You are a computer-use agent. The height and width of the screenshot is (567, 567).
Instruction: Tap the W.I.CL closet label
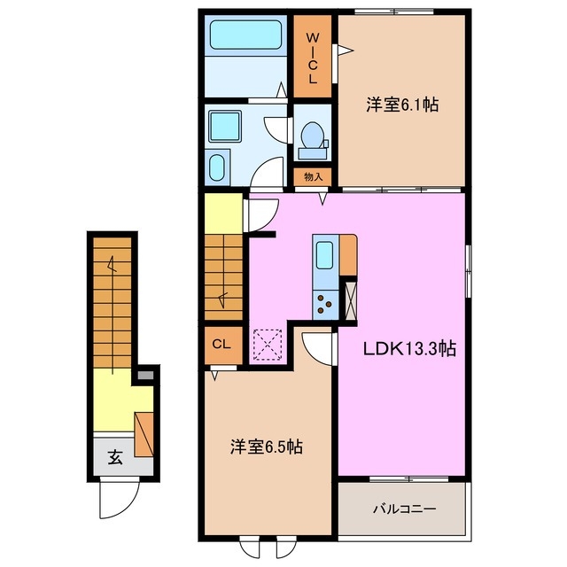click(x=313, y=58)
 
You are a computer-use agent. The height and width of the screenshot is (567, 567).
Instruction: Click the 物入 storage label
click(x=313, y=177)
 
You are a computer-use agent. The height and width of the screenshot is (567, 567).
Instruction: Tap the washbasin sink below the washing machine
click(x=217, y=166)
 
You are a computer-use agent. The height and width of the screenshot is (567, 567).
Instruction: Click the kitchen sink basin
click(x=325, y=255)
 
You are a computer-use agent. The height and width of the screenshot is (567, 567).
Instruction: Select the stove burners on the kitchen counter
click(x=325, y=305)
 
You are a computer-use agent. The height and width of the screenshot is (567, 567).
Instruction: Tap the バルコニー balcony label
click(x=402, y=509)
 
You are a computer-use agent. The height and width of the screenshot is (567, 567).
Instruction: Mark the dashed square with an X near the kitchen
click(x=267, y=345)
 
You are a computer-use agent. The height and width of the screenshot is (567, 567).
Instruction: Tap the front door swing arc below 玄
click(x=115, y=498)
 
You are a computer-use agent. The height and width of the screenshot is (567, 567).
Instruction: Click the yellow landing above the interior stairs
click(x=224, y=214)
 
